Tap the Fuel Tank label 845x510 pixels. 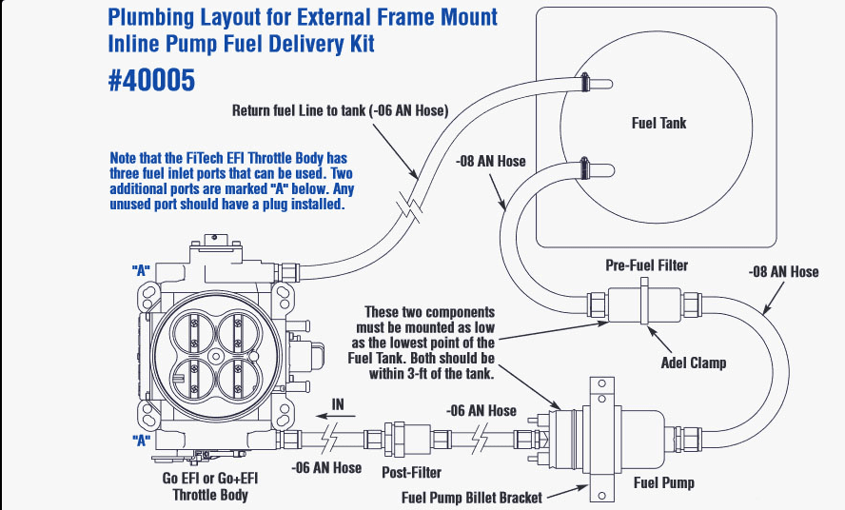(x=658, y=123)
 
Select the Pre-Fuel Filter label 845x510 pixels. (x=646, y=265)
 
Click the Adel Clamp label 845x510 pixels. (x=693, y=363)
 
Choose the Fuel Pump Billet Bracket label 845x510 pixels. (x=472, y=497)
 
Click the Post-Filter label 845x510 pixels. (x=411, y=472)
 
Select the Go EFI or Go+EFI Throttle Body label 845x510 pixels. (x=209, y=486)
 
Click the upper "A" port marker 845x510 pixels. (x=141, y=270)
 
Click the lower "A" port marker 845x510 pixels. (x=141, y=440)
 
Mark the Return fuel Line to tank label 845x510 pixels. (x=340, y=110)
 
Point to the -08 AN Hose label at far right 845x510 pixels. (x=783, y=272)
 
